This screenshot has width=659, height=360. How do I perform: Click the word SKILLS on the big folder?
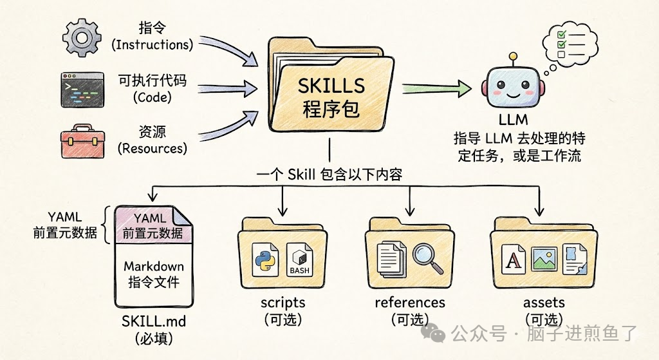pos(331,85)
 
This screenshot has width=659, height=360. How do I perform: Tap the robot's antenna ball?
pos(513,56)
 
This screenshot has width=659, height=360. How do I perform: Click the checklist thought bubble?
pos(564,43)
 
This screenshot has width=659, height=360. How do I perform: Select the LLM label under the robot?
pos(514,120)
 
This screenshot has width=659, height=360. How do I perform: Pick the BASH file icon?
pos(300,260)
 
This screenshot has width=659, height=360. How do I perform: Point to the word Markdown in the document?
pos(153,267)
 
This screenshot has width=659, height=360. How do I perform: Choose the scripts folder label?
pos(283,303)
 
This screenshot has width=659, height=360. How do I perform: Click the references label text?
pos(409,303)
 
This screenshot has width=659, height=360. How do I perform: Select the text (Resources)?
pos(152,148)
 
